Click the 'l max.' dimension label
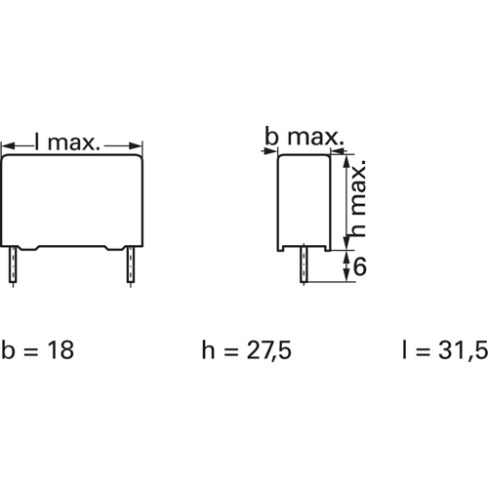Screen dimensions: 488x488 tap(66, 142)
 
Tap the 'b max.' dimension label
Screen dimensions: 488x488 tap(305, 137)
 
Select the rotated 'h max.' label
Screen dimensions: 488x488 tap(359, 198)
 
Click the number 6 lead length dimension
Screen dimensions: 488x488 tap(360, 266)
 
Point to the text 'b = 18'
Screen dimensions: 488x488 tap(38, 350)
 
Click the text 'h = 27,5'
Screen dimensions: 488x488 tap(246, 350)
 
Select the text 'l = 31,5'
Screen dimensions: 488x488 tap(445, 350)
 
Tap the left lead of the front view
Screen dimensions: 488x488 tap(13, 264)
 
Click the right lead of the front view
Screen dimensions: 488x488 tap(131, 264)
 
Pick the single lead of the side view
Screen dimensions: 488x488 tap(304, 264)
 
